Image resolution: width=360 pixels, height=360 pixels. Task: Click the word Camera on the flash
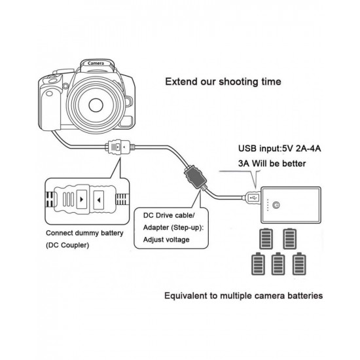pos(96,63)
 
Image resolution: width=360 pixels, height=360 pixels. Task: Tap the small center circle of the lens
pos(96,105)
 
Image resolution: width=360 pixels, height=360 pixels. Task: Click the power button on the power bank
pos(276,205)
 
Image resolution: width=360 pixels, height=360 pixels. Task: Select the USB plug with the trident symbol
pos(252,198)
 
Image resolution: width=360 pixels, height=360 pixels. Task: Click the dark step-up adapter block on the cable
pos(194,177)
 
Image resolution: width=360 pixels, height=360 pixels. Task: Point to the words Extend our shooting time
pos(223,82)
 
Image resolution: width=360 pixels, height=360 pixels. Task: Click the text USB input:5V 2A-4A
pos(279,149)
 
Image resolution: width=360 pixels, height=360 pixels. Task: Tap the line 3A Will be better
pos(272,164)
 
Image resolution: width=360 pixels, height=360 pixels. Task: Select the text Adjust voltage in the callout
pos(166,240)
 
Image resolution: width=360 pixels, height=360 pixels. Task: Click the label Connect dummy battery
pos(84,233)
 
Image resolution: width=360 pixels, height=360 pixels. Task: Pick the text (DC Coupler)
pos(67,245)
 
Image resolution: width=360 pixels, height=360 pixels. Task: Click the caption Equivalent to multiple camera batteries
pos(243,295)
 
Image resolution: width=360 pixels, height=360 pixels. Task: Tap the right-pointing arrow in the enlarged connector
pos(82,200)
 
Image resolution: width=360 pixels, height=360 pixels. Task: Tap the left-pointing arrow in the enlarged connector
pos(99,200)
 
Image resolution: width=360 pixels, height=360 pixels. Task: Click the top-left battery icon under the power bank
pos(266,239)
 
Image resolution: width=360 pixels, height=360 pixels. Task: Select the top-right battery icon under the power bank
pos(289,239)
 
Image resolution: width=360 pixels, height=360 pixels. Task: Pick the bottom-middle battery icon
pos(278,264)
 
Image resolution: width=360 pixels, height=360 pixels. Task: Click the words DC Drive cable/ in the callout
pos(169,215)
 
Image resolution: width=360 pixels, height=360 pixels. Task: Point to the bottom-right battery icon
pos(299,264)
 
